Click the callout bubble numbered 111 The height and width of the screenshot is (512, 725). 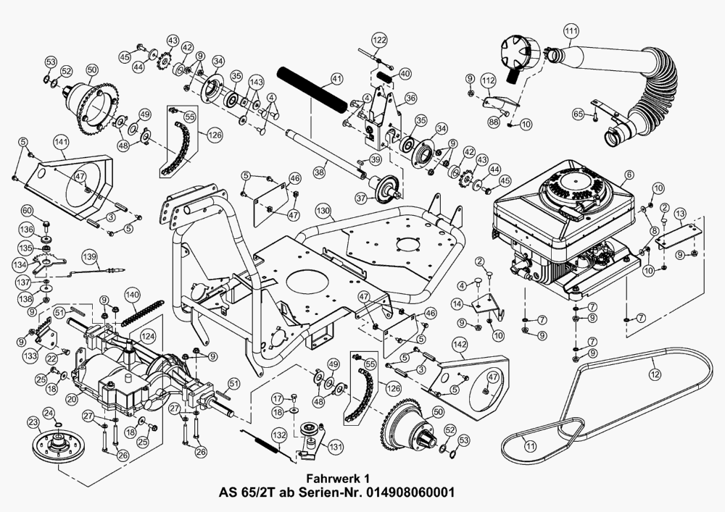click(x=571, y=31)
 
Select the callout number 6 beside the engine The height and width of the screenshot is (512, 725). click(x=629, y=175)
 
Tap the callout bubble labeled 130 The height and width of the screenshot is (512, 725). click(x=323, y=211)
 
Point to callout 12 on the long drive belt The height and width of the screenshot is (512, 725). click(x=655, y=374)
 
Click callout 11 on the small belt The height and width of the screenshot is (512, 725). click(x=531, y=446)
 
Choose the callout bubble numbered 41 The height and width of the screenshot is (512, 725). click(x=336, y=79)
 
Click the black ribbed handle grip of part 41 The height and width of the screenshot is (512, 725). click(x=312, y=89)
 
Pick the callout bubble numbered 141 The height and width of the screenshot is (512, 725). click(x=62, y=142)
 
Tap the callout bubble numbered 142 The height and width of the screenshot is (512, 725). click(x=460, y=345)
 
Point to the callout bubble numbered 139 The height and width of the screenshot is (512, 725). click(x=90, y=256)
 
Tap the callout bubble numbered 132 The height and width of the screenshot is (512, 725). click(x=279, y=435)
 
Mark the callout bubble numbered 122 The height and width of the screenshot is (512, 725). click(x=380, y=40)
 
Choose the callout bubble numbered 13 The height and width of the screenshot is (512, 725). click(x=680, y=214)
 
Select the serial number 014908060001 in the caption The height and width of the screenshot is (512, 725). click(x=410, y=492)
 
